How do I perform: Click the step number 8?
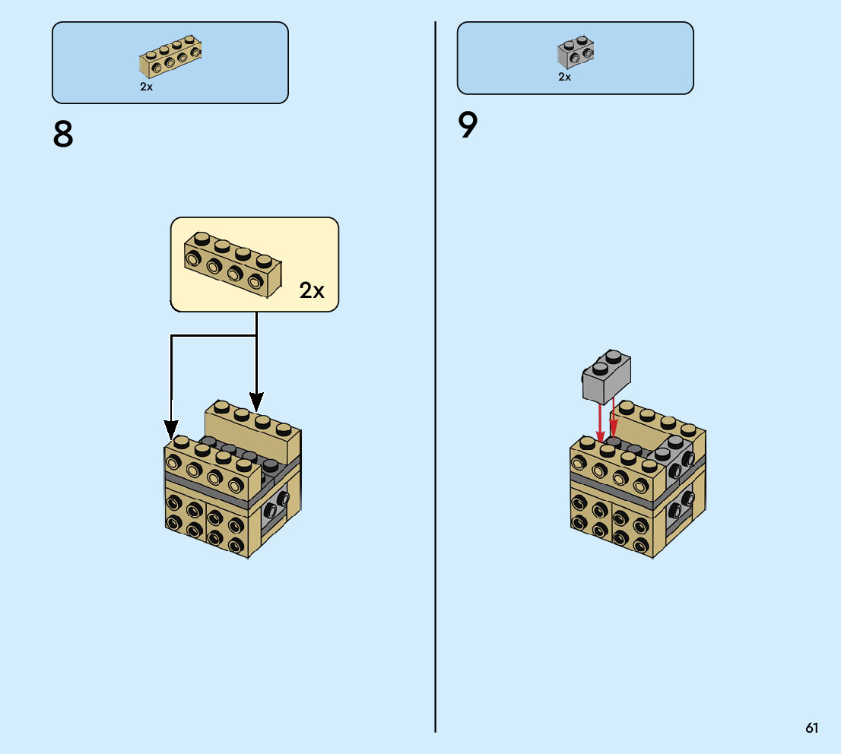coord(63,135)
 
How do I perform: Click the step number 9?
coord(468,126)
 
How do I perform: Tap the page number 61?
coord(812,728)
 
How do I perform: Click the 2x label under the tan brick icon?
coord(147,87)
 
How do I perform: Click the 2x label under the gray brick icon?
coord(564,77)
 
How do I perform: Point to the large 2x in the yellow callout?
coord(312,290)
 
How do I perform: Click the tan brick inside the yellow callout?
coord(233,263)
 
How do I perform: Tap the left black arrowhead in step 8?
coord(172,429)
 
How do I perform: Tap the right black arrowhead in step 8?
coord(256,401)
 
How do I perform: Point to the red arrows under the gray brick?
coord(607,423)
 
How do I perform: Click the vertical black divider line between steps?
coord(436,380)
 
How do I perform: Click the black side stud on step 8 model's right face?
coord(283,499)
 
